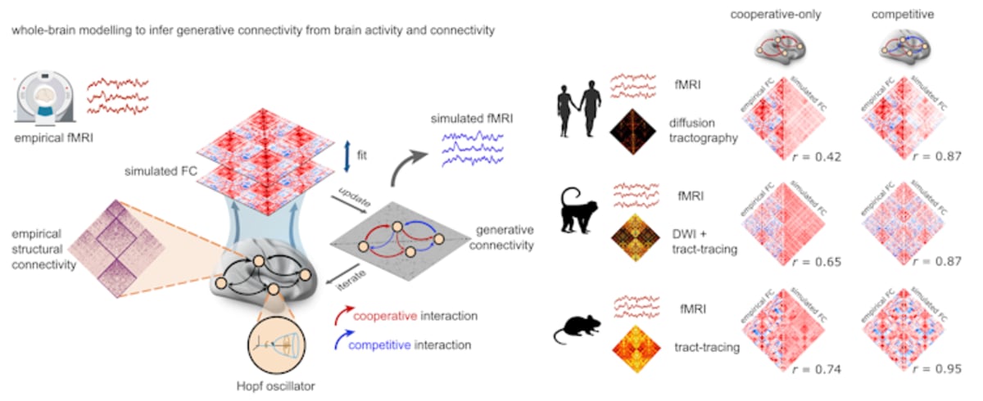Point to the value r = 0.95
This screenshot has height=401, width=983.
[x=940, y=369]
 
